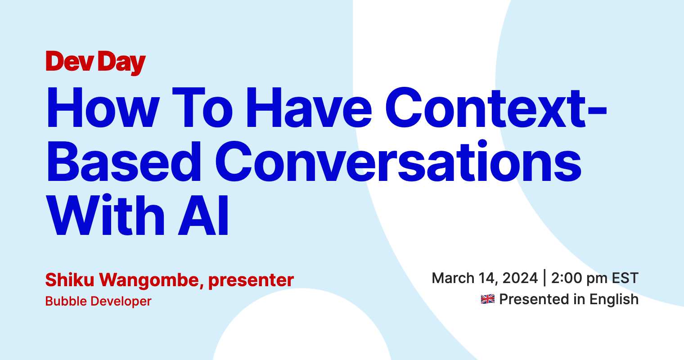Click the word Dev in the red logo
coord(70,61)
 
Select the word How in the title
coord(103,107)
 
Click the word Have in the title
coord(309,107)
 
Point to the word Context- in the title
coord(496,107)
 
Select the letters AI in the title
coord(203,215)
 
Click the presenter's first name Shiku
coord(70,279)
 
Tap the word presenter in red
coord(251,280)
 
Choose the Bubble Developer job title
coord(98,301)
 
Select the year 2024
coord(520,278)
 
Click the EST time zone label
coord(625,278)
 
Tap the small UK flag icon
coord(488,299)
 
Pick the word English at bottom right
coord(614,300)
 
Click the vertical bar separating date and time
coord(544,278)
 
